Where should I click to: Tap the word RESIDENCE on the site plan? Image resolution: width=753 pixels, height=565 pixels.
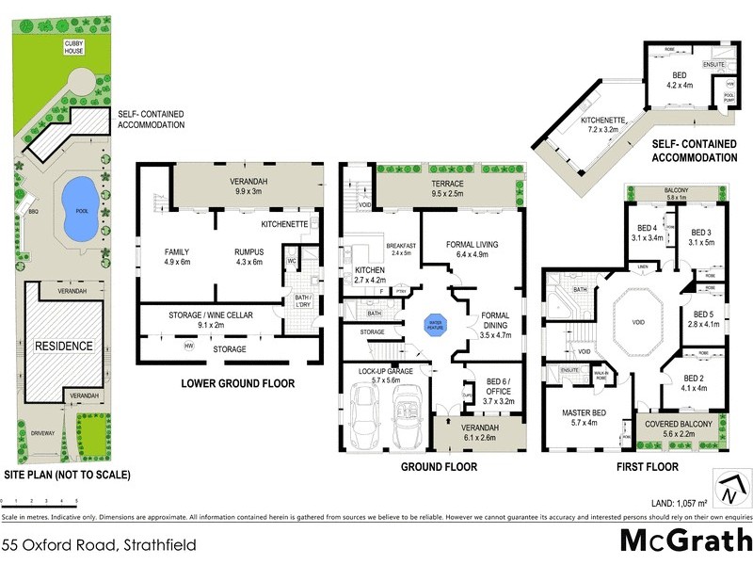[x=65, y=346]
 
